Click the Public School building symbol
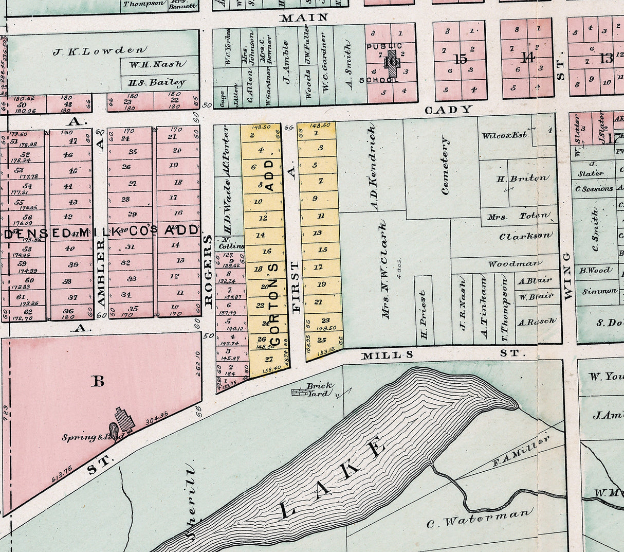pyautogui.click(x=393, y=62)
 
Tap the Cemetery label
pyautogui.click(x=445, y=166)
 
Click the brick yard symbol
pyautogui.click(x=298, y=393)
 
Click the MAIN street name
pyautogui.click(x=303, y=18)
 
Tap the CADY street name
pyautogui.click(x=448, y=109)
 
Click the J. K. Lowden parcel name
pyautogui.click(x=99, y=50)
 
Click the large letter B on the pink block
pyautogui.click(x=97, y=381)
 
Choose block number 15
pyautogui.click(x=460, y=59)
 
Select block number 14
pyautogui.click(x=527, y=58)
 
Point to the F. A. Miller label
pyautogui.click(x=521, y=451)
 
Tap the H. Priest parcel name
pyautogui.click(x=423, y=315)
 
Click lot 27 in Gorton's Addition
pyautogui.click(x=268, y=359)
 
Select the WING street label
pyautogui.click(x=567, y=276)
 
